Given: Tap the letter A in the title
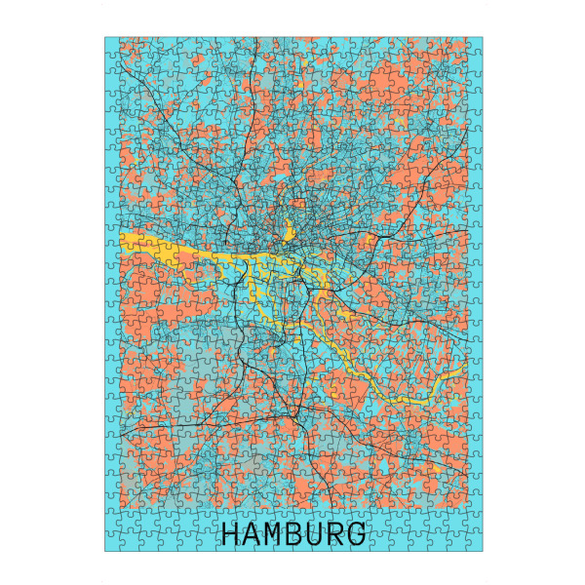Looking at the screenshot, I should click(253, 534).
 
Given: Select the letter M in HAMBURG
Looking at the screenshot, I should click(275, 534).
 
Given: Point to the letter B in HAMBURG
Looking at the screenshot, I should click(295, 534).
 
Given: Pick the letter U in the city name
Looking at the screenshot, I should click(317, 534).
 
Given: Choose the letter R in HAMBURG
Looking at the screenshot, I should click(337, 534).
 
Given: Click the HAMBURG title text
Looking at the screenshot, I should click(294, 534).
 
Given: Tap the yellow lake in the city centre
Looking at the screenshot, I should click(290, 234).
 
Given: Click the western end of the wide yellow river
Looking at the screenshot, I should click(125, 239).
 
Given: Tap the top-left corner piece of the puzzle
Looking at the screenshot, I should click(112, 45).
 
